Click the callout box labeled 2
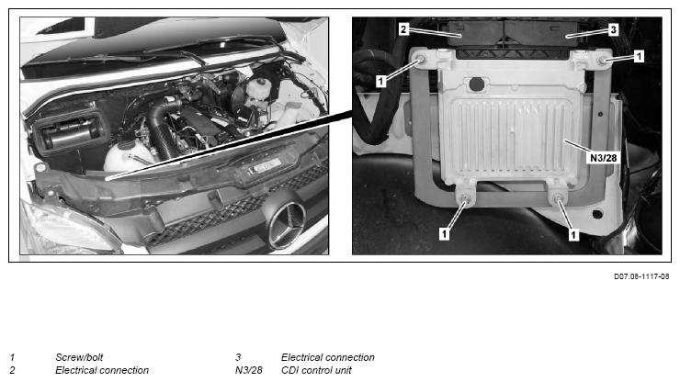click(403, 29)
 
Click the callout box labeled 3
click(613, 30)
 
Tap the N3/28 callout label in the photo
click(603, 158)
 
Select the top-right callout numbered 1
click(639, 56)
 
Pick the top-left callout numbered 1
click(380, 81)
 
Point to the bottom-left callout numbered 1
click(444, 234)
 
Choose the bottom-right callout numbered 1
click(573, 235)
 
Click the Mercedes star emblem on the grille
click(287, 225)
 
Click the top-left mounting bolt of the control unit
click(420, 60)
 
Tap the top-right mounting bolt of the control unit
click(603, 61)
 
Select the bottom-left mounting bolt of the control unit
click(466, 200)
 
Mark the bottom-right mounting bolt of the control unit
click(560, 200)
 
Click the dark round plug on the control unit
click(476, 84)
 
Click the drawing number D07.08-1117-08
click(641, 276)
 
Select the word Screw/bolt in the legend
click(79, 357)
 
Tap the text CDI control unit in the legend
click(317, 370)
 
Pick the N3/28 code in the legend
click(249, 370)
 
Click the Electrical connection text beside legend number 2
click(102, 370)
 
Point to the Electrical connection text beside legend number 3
click(328, 357)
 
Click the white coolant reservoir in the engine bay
click(126, 157)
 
